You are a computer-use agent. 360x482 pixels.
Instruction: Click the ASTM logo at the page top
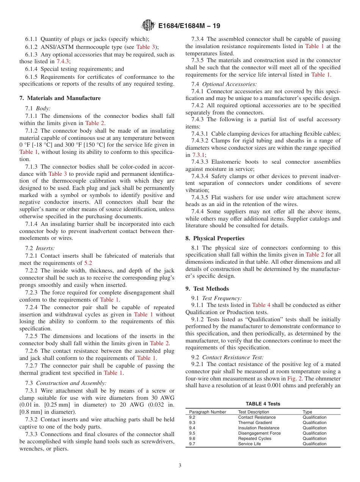click(148, 25)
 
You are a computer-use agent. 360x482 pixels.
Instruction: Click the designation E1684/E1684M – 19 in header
click(189, 26)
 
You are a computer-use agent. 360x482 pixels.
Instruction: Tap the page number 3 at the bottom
click(180, 465)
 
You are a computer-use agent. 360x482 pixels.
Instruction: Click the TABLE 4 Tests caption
click(263, 404)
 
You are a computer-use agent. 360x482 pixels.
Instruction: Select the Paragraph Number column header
click(208, 412)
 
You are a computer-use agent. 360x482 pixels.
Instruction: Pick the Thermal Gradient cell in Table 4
click(255, 423)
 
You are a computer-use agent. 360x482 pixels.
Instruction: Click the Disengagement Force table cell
click(260, 433)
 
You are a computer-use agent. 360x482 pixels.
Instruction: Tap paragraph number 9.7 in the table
click(192, 444)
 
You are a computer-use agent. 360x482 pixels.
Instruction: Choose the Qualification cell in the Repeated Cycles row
click(314, 438)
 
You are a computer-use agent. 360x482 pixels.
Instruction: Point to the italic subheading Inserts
click(45, 248)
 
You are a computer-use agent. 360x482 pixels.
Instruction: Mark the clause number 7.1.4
click(32, 224)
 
